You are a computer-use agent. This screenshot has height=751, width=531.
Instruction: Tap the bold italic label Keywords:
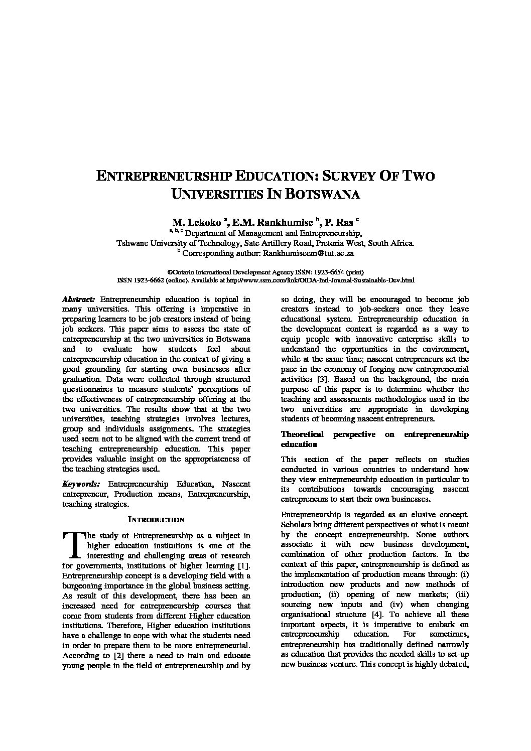(81, 484)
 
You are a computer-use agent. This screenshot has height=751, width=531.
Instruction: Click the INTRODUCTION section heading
(156, 520)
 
